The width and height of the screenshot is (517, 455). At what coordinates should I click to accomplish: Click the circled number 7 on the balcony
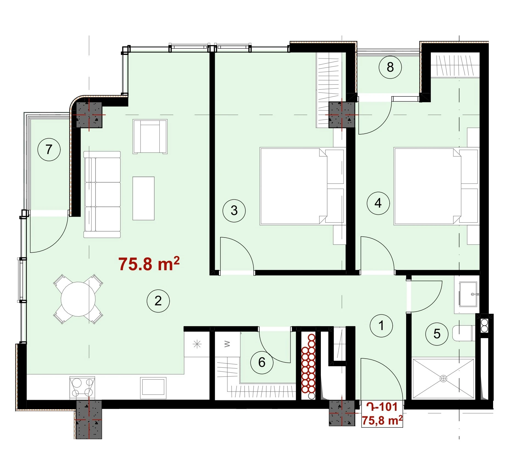click(x=49, y=149)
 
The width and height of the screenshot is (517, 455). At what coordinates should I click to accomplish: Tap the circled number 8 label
click(x=390, y=67)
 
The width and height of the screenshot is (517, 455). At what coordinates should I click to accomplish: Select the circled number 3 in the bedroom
click(x=234, y=211)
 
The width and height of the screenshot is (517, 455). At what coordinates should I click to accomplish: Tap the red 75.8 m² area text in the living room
click(x=149, y=264)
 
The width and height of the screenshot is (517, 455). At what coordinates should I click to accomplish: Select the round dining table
click(x=78, y=299)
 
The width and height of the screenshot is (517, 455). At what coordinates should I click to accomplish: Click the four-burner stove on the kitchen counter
click(x=82, y=387)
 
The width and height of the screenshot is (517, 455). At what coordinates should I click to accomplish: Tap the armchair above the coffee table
click(x=150, y=136)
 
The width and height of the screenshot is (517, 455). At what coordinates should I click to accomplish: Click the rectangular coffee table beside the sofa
click(x=144, y=198)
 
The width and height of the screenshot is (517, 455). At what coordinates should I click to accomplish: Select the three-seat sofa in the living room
click(x=102, y=194)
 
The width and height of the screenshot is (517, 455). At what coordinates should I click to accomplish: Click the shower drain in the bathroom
click(x=443, y=379)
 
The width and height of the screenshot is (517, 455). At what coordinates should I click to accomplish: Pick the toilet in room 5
click(x=463, y=333)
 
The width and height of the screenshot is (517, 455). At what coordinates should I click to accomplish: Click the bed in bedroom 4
click(x=436, y=186)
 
